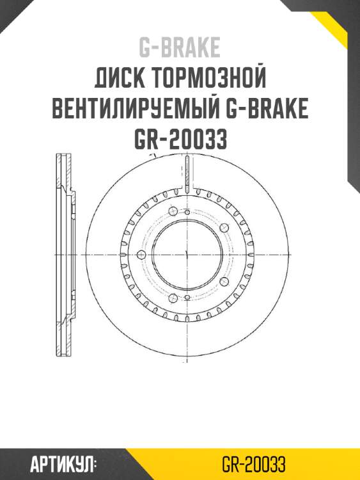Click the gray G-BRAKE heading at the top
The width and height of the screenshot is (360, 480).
pos(180,47)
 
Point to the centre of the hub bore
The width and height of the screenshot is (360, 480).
pos(185,255)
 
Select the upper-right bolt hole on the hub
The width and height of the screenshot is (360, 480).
pos(223,228)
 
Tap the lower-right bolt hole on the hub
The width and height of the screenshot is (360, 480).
pos(223,281)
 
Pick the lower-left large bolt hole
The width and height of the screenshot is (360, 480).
pos(172,297)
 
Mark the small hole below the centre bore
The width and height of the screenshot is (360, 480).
pos(185,299)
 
